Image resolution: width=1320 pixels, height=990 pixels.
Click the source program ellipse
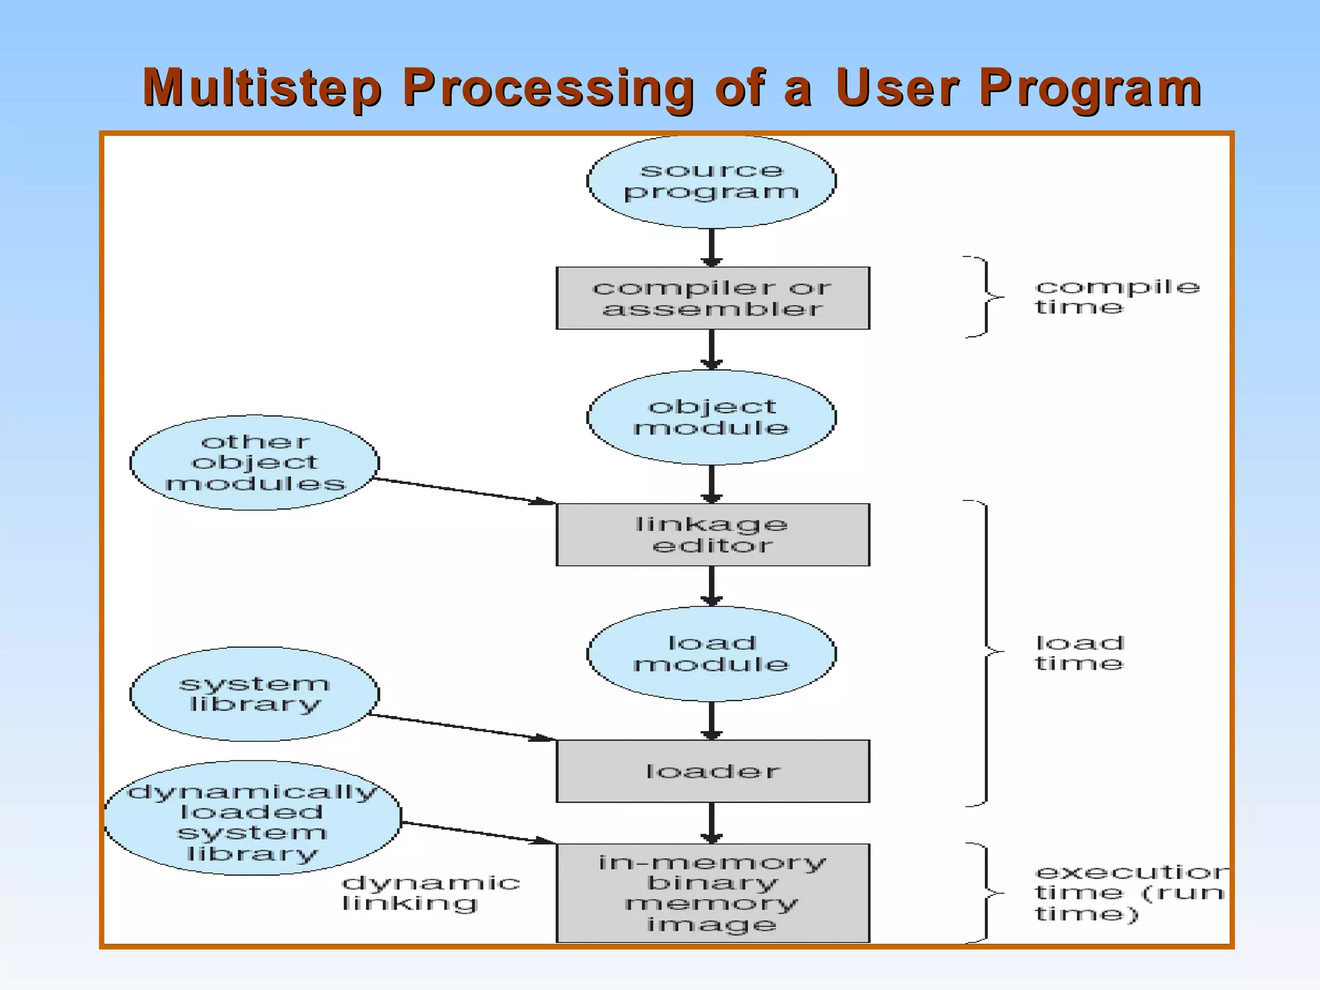[711, 181]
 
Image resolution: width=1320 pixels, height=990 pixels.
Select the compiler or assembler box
[712, 298]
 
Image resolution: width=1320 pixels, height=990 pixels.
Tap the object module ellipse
[711, 417]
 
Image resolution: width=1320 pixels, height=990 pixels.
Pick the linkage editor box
[712, 534]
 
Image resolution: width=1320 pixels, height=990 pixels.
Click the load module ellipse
[711, 654]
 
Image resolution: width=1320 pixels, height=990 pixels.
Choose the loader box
[712, 771]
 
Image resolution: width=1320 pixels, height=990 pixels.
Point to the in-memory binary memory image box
[712, 893]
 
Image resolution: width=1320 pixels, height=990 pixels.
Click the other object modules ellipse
[255, 463]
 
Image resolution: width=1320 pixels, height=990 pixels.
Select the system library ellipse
[255, 694]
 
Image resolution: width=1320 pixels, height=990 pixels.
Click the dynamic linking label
[430, 893]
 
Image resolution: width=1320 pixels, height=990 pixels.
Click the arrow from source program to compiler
[712, 247]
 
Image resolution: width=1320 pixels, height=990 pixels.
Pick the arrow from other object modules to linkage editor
[464, 491]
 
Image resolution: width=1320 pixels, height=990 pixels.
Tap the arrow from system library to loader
[461, 727]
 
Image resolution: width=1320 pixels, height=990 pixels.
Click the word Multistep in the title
[262, 88]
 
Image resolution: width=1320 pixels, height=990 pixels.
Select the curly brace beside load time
[986, 652]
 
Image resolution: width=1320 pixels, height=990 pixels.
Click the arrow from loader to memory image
[712, 822]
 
